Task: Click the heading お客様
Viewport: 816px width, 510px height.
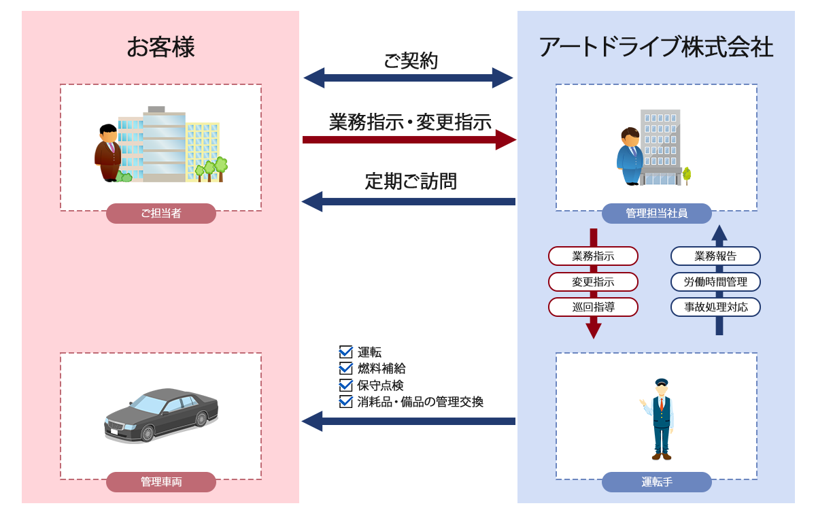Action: coord(160,48)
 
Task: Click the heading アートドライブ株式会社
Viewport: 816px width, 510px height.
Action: coord(656,48)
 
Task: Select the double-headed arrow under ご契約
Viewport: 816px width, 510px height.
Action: coord(408,78)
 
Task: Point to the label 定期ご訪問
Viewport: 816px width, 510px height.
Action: coord(411,182)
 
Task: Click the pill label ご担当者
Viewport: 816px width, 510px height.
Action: coord(161,214)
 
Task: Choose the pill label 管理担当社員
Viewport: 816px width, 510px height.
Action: coord(656,214)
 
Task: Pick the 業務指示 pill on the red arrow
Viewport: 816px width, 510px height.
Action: coord(593,256)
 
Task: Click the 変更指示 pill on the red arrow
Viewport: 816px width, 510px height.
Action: coord(593,282)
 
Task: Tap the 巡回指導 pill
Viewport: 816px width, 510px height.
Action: coord(593,307)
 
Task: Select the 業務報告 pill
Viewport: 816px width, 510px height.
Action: coord(715,256)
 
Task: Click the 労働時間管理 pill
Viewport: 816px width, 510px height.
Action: coord(715,282)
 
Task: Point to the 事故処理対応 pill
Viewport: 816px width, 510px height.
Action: coord(715,307)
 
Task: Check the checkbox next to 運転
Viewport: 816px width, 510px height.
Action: coord(345,352)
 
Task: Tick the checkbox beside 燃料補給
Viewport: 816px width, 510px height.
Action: coord(345,369)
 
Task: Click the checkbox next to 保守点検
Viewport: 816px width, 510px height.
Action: coord(345,385)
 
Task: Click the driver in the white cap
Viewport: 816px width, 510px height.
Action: coord(659,416)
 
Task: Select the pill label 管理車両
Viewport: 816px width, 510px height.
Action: coord(161,482)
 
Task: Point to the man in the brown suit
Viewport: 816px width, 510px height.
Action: coord(107,153)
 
